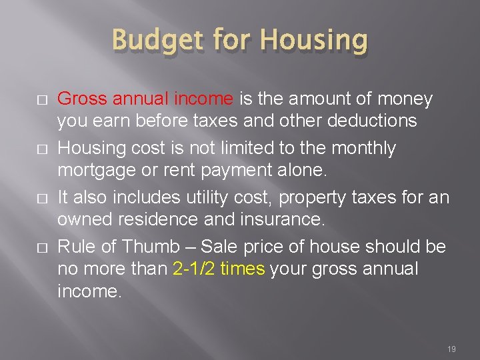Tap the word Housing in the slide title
(313, 40)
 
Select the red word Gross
(83, 99)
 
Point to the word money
(403, 99)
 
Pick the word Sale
(216, 247)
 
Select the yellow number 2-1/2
(194, 269)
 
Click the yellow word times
(241, 269)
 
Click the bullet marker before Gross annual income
(42, 100)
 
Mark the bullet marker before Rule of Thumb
(42, 247)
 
